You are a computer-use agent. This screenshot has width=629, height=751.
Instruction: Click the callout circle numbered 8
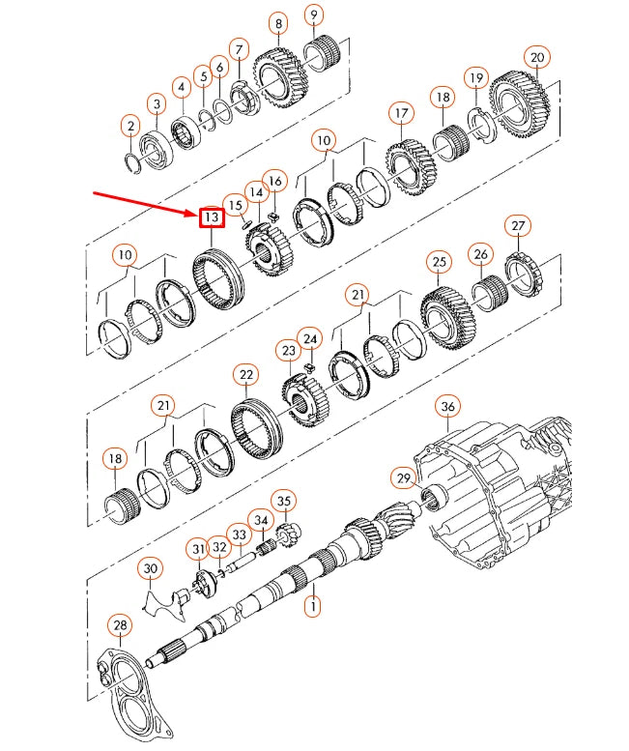coord(278,23)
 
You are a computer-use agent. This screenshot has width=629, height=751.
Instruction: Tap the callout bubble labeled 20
coord(537,57)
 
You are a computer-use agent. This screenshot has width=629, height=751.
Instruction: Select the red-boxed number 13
coord(211,217)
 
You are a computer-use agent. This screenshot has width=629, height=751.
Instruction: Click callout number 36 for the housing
coord(446,407)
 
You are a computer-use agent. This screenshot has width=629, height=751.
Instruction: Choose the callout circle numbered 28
coord(119,625)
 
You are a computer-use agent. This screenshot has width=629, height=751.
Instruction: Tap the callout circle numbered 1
coord(311,606)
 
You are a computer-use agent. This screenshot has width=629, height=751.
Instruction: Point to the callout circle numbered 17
coord(401,114)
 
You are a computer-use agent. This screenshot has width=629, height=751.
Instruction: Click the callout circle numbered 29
coord(403,477)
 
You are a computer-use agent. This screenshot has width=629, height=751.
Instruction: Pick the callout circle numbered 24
coord(309,339)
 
